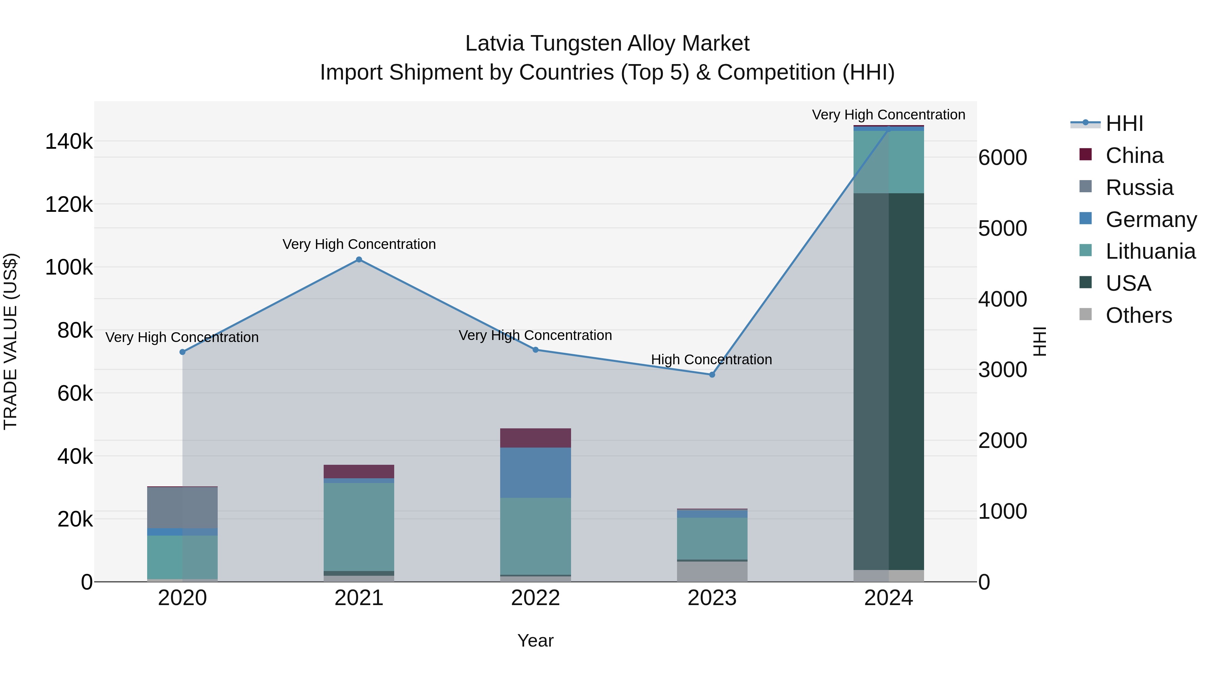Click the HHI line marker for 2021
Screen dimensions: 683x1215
pos(359,260)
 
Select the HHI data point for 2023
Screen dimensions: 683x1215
pos(712,375)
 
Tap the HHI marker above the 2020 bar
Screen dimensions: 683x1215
pos(183,352)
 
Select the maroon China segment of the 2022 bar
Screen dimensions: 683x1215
pos(535,438)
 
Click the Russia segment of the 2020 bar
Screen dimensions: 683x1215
pos(183,507)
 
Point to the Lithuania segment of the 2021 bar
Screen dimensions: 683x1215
pos(359,527)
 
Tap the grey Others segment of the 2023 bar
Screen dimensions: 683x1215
pos(712,571)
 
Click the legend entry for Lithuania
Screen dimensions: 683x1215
pos(1150,251)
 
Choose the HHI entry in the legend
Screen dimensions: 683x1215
pos(1124,123)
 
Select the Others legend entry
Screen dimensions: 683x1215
pos(1138,315)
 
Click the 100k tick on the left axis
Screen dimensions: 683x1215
pos(69,267)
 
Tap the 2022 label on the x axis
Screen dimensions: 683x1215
pos(535,598)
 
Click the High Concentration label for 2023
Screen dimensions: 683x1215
pos(711,360)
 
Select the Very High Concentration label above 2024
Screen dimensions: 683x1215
pos(888,115)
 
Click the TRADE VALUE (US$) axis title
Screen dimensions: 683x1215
pos(10,341)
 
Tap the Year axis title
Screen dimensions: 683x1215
pos(535,641)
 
